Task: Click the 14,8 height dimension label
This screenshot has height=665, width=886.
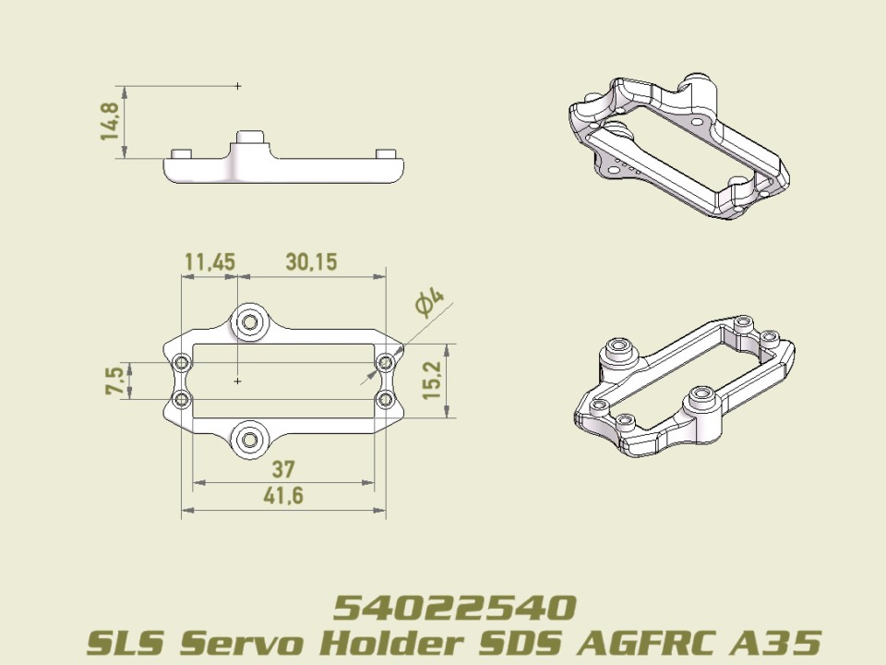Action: click(x=110, y=122)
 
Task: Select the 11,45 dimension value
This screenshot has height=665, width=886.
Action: click(x=210, y=262)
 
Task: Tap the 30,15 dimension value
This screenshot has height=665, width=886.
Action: click(x=311, y=262)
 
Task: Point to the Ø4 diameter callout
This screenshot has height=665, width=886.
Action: click(x=429, y=302)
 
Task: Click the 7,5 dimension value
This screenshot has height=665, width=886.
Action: click(x=115, y=381)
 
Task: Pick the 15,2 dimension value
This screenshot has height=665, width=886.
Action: click(x=432, y=381)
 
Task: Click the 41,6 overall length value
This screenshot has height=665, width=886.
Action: click(x=283, y=496)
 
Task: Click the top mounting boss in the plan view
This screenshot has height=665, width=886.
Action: click(x=248, y=321)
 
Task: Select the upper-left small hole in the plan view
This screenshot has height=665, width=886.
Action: click(x=182, y=361)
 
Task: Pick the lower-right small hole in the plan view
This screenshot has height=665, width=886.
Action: click(x=386, y=399)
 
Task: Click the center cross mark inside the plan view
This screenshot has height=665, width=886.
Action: click(x=238, y=380)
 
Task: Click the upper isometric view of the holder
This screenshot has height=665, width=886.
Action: click(x=678, y=146)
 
